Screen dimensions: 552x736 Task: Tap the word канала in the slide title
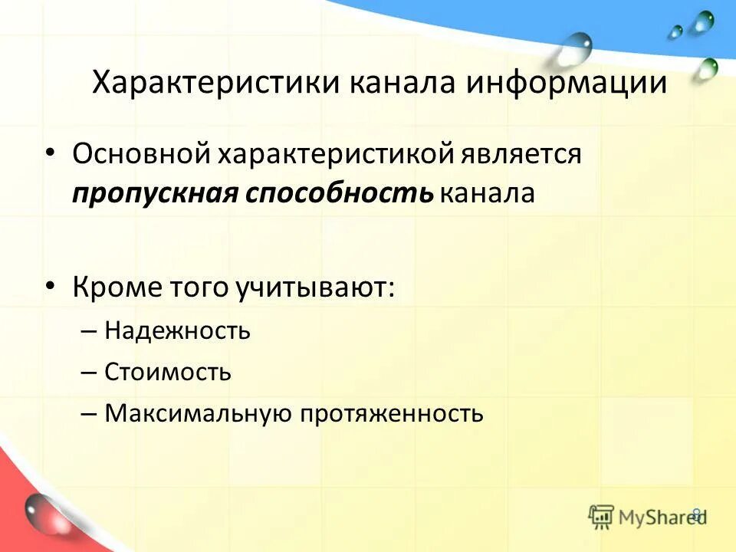pyautogui.click(x=403, y=83)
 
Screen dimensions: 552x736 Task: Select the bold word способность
pyautogui.click(x=340, y=192)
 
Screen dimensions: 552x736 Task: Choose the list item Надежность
pyautogui.click(x=178, y=331)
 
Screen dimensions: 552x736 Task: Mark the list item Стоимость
pyautogui.click(x=168, y=373)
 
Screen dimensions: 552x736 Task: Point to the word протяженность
pyautogui.click(x=392, y=414)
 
